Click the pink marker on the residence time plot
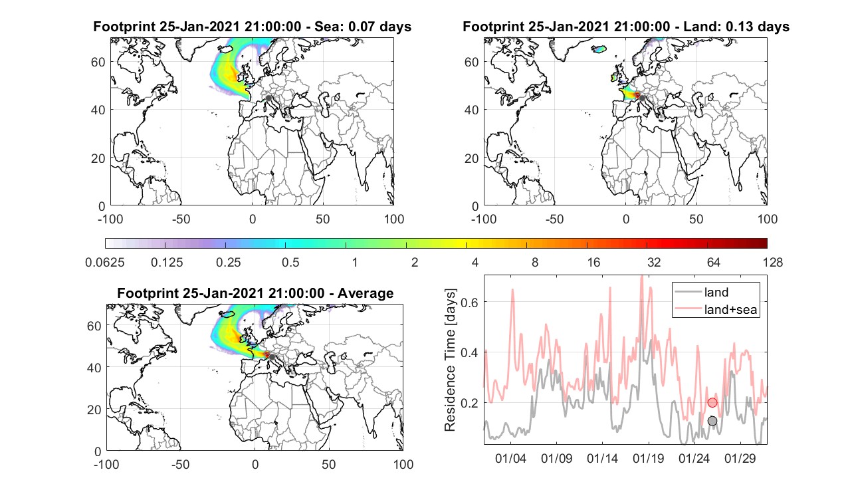pyautogui.click(x=712, y=402)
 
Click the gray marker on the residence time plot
pyautogui.click(x=712, y=421)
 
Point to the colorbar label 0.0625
pyautogui.click(x=104, y=262)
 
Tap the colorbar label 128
pyautogui.click(x=772, y=262)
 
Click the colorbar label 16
pyautogui.click(x=593, y=262)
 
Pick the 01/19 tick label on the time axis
pyautogui.click(x=648, y=458)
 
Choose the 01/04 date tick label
pyautogui.click(x=510, y=458)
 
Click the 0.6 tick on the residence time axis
pyautogui.click(x=469, y=302)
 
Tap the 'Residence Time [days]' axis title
pyautogui.click(x=450, y=360)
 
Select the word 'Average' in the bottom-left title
pyautogui.click(x=366, y=293)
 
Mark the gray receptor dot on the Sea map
pyautogui.click(x=268, y=98)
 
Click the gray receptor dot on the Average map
pyautogui.click(x=271, y=357)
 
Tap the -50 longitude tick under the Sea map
pyautogui.click(x=181, y=219)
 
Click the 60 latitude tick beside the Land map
pyautogui.click(x=471, y=62)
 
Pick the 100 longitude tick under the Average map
pyautogui.click(x=403, y=464)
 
